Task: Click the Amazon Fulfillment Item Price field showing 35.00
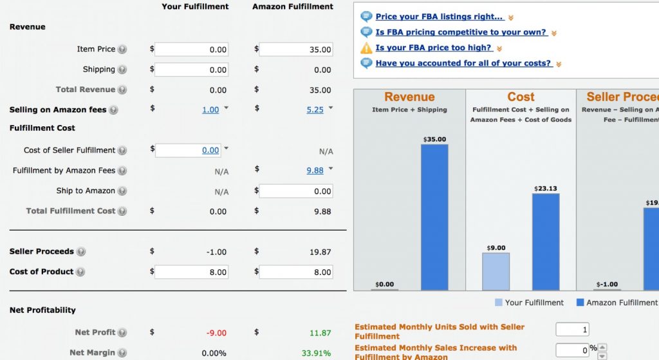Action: click(295, 50)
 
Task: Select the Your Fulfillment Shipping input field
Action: click(191, 70)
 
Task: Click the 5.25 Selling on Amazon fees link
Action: click(315, 110)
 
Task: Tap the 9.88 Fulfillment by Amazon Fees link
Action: click(315, 171)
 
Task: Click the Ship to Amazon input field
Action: click(295, 191)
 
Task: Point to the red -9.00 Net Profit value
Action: click(216, 333)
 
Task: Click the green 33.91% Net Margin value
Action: click(316, 353)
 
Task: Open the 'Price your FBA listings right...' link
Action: click(440, 17)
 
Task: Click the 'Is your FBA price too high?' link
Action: click(434, 48)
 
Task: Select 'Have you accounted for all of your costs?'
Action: click(463, 63)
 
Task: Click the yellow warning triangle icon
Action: click(366, 48)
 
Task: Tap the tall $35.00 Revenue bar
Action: click(434, 217)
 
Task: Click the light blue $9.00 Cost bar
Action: click(496, 271)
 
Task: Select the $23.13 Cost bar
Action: click(546, 242)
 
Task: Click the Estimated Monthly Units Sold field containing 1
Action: click(572, 329)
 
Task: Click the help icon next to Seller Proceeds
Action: click(81, 252)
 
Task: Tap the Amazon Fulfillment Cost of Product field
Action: click(295, 272)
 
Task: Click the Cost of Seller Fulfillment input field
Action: click(191, 150)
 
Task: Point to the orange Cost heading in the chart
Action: click(521, 97)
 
